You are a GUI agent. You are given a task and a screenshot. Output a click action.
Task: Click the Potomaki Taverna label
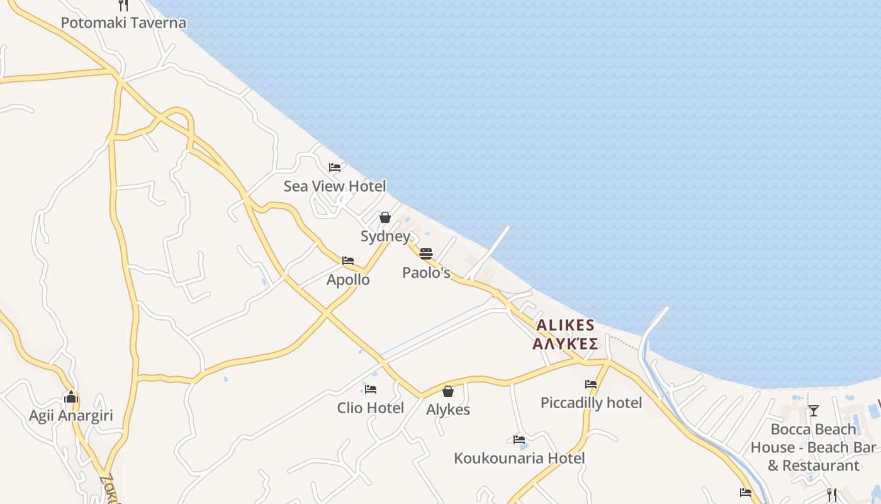[x=123, y=23]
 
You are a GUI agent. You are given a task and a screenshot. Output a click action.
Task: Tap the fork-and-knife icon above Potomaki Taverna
[x=123, y=5]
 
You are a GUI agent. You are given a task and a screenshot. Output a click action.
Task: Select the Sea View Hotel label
[x=335, y=186]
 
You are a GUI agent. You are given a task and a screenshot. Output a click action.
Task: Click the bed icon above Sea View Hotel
[x=335, y=168]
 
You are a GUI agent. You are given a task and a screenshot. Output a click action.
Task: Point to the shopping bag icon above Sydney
[x=385, y=217]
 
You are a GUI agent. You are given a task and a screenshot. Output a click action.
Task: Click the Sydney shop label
[x=385, y=236]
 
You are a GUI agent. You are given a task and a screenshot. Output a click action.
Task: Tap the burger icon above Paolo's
[x=426, y=254]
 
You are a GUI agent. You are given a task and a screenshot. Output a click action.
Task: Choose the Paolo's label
[x=427, y=273]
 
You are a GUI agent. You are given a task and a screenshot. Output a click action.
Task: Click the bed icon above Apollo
[x=348, y=261]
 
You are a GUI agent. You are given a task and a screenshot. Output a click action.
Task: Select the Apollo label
[x=348, y=280]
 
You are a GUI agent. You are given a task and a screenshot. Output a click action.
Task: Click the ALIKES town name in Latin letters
[x=565, y=325]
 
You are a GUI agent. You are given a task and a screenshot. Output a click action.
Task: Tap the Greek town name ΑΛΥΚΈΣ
[x=565, y=344]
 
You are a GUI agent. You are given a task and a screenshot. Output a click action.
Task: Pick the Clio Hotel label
[x=371, y=408]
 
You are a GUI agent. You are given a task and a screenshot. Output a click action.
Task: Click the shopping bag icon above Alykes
[x=448, y=391]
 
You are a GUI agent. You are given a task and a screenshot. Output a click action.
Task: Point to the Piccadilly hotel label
[x=591, y=403]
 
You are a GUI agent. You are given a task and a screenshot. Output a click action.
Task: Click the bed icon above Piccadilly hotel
[x=591, y=384]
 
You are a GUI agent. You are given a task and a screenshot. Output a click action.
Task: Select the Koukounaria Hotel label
[x=519, y=458]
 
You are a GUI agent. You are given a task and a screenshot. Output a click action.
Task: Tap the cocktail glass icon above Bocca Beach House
[x=814, y=411]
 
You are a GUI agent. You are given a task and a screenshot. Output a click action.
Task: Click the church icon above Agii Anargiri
[x=71, y=397]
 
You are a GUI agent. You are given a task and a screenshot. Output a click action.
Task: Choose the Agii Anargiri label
[x=71, y=416]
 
